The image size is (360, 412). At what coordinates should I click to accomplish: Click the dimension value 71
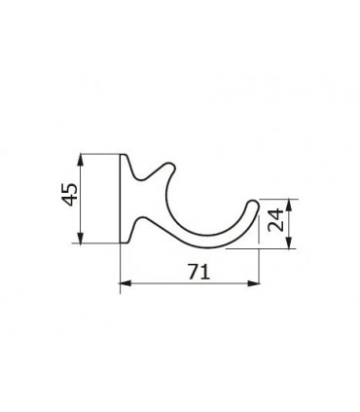coord(198,273)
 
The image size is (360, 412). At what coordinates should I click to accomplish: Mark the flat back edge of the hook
coord(121,200)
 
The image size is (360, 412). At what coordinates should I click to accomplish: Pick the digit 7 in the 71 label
coord(193,273)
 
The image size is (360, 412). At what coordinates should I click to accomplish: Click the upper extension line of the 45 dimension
coord(97,153)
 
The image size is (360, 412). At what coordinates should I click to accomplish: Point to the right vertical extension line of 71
coord(258,268)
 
